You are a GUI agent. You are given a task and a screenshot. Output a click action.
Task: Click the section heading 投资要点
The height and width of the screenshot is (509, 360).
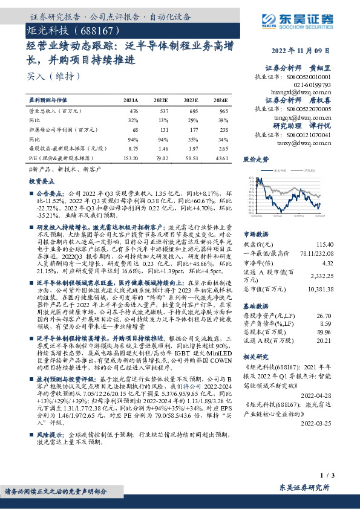tap(40, 181)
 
